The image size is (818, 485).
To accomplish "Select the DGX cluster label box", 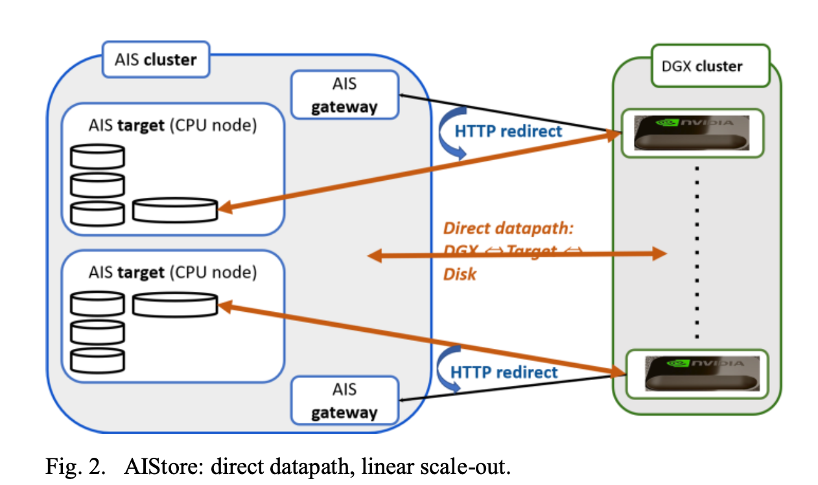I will point(710,65).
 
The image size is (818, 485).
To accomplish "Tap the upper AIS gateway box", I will point(344,95).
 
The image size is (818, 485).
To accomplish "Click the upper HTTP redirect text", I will point(508,132).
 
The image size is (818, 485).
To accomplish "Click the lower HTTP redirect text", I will point(504,372).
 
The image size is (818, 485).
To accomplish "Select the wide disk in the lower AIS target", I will point(175,303).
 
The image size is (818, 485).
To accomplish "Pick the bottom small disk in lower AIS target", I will point(97,359).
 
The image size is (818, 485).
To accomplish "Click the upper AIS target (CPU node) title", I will point(172,125).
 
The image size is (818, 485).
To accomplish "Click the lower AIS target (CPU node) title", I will point(172,272).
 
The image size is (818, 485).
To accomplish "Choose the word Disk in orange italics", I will point(460,274).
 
